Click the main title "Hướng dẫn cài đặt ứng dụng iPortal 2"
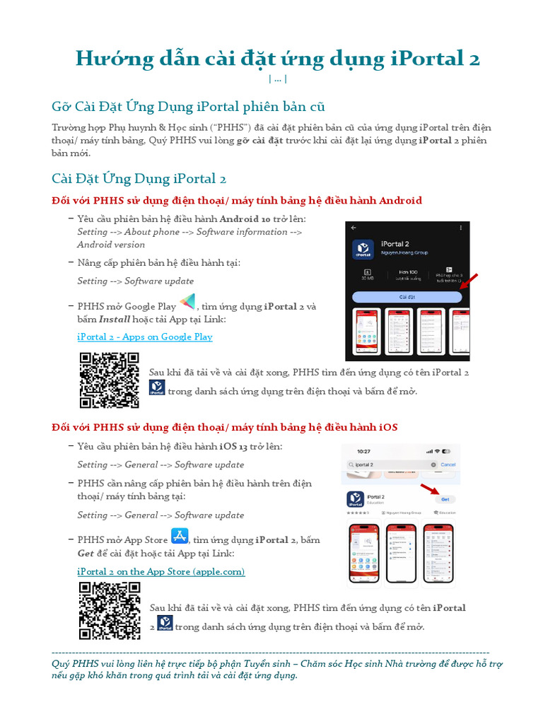click(277, 58)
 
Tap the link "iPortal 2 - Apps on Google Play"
click(144, 337)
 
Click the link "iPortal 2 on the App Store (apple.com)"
click(160, 571)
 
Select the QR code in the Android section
click(109, 380)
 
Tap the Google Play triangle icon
click(187, 303)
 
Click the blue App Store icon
click(180, 536)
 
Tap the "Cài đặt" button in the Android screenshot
click(407, 298)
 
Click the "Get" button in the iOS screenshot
click(445, 499)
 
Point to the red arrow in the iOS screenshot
click(430, 490)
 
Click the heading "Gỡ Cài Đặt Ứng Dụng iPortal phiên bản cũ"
click(188, 107)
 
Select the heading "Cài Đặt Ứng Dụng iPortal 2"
click(139, 178)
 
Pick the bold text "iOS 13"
click(233, 447)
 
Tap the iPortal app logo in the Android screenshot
click(363, 250)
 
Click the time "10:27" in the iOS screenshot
click(363, 451)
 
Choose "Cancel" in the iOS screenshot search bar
click(448, 465)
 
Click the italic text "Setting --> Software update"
click(135, 281)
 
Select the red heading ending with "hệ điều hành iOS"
click(225, 427)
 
